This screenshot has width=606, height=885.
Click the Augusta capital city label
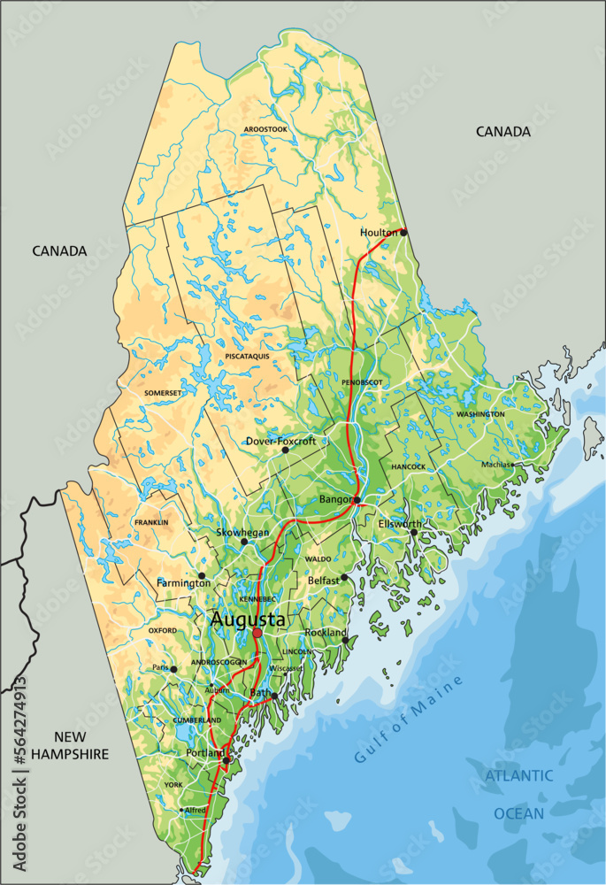tap(248, 621)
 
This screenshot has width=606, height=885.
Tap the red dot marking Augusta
tap(257, 634)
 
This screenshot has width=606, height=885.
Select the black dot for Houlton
tap(403, 232)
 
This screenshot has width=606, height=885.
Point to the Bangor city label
tap(335, 500)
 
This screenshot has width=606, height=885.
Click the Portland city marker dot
tap(226, 760)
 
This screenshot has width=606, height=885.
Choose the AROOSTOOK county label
tap(266, 129)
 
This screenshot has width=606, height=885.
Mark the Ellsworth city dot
tap(413, 532)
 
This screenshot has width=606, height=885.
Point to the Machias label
tap(496, 464)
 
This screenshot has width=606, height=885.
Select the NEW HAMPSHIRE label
tap(69, 744)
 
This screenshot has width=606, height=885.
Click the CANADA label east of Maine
tap(503, 131)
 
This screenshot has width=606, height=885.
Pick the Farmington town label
tap(183, 583)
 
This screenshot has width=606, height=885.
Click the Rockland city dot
tap(345, 640)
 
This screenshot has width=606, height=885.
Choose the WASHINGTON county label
tap(480, 414)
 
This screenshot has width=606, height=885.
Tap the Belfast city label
tap(324, 580)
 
